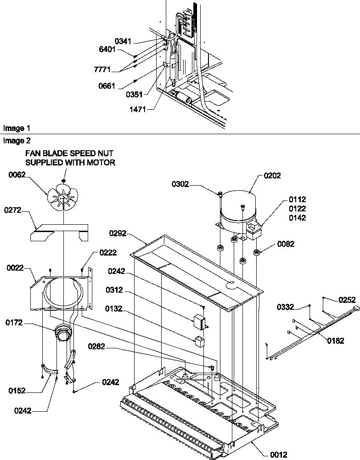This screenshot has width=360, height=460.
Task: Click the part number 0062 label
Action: [17, 174]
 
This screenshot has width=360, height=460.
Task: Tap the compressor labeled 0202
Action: [236, 209]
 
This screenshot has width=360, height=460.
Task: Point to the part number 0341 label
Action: [123, 41]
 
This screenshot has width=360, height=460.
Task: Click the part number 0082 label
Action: [286, 244]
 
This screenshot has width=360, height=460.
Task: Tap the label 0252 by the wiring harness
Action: [347, 300]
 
